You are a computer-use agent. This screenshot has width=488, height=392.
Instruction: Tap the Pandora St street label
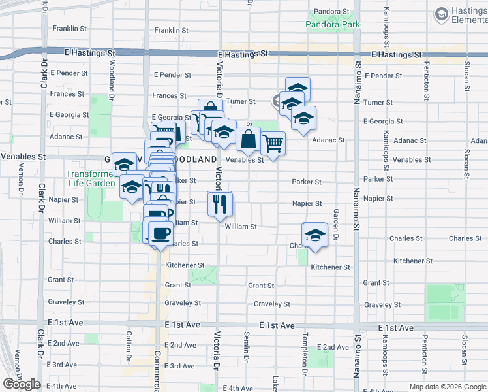coord(333,12)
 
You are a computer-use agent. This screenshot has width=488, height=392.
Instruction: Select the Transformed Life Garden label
coord(90,179)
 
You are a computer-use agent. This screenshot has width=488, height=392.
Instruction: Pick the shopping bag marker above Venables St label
coord(248,139)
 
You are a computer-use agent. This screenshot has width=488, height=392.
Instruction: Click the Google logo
coord(22,384)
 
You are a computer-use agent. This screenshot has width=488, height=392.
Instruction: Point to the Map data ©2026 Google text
coord(447,387)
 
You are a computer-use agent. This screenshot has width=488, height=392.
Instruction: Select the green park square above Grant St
coord(202,275)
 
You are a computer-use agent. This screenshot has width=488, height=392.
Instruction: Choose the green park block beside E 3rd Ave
coord(320,357)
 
